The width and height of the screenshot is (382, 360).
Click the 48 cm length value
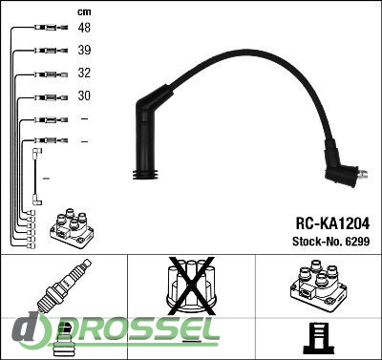[84, 28]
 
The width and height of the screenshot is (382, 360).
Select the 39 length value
[84, 51]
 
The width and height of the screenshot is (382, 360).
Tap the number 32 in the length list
[84, 73]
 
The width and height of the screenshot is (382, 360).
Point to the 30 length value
[84, 95]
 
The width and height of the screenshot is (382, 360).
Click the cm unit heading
[84, 12]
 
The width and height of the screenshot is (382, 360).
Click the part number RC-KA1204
[332, 223]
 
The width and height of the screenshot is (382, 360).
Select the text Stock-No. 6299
[331, 242]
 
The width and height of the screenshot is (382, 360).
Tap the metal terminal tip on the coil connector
[363, 175]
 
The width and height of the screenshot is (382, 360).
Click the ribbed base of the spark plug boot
[145, 174]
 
